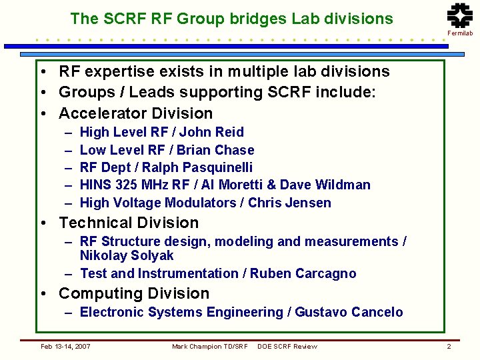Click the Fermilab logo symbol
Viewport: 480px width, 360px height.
[x=459, y=16]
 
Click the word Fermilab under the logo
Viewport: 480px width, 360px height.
[x=460, y=33]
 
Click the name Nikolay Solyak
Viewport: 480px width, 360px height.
[x=127, y=255]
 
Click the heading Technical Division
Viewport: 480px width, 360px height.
[x=129, y=223]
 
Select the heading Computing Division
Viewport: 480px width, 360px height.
[x=134, y=293]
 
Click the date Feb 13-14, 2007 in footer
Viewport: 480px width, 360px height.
[x=66, y=346]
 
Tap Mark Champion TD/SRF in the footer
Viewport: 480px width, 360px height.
[x=209, y=346]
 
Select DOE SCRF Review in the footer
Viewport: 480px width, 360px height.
[x=287, y=346]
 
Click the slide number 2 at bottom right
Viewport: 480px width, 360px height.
[x=449, y=346]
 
